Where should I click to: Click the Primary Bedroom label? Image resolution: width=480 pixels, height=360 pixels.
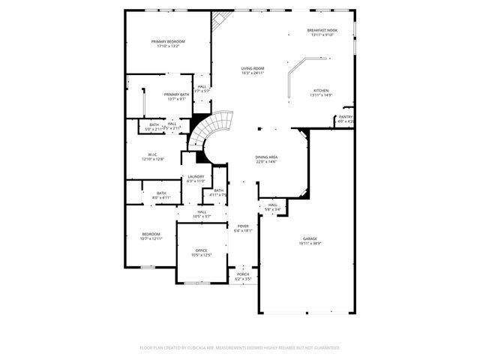(168, 41)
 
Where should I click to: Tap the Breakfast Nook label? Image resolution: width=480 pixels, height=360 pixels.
(322, 30)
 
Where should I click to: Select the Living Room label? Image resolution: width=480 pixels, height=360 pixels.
(253, 68)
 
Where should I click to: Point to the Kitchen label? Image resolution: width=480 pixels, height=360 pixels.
(321, 90)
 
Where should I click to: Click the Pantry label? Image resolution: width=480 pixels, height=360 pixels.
(346, 117)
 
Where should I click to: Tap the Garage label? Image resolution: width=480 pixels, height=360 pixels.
(309, 238)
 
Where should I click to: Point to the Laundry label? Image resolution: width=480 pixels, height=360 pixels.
(196, 176)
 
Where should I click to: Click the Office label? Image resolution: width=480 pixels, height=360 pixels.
(201, 250)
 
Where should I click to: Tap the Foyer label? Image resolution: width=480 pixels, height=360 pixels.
(243, 226)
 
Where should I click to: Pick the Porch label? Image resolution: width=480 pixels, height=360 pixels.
(243, 274)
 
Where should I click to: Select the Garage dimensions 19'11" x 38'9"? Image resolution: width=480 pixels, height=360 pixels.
(309, 244)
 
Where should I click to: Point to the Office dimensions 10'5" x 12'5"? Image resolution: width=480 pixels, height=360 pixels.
(201, 256)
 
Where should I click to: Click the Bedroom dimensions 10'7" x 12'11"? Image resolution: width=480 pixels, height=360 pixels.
(151, 239)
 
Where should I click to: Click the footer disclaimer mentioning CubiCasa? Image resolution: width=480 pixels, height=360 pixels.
(240, 347)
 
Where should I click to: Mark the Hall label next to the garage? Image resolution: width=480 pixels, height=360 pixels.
(272, 205)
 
